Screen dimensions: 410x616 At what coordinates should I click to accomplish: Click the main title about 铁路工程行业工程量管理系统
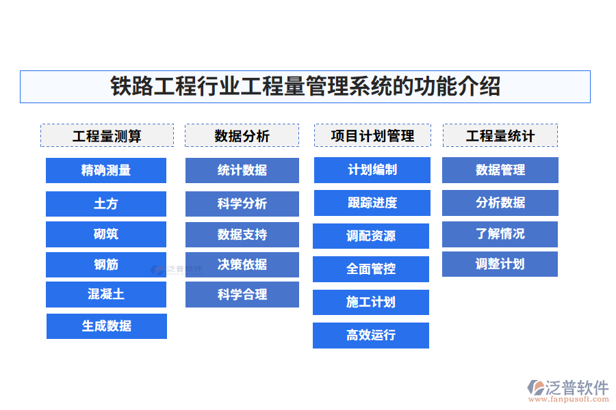[305, 87]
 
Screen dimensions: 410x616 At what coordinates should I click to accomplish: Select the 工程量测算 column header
[107, 135]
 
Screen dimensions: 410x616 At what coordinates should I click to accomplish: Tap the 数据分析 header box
[242, 135]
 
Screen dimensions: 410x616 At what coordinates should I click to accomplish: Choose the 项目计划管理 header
[372, 135]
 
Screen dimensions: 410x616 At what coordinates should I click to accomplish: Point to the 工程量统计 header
[500, 135]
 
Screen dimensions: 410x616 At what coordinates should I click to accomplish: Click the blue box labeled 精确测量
[106, 170]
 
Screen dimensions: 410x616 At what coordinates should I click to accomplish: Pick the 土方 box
[106, 204]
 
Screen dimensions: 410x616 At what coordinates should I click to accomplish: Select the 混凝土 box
[106, 295]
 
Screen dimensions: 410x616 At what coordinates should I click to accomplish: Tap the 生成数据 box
[107, 326]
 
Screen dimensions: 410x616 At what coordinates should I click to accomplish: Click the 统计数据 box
[242, 170]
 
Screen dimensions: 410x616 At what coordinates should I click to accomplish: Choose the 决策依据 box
[242, 264]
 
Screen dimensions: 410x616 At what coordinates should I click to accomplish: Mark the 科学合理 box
[242, 295]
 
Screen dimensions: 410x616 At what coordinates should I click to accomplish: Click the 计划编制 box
[372, 169]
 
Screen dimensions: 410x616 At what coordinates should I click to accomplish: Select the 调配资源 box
[371, 236]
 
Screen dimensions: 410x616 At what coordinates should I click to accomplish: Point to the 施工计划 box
[371, 302]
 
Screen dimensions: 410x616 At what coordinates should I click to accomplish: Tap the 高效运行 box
[371, 336]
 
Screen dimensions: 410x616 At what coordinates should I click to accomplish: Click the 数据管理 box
[500, 170]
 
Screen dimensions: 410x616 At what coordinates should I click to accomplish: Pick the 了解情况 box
[500, 234]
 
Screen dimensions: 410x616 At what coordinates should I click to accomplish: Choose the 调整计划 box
[500, 264]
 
